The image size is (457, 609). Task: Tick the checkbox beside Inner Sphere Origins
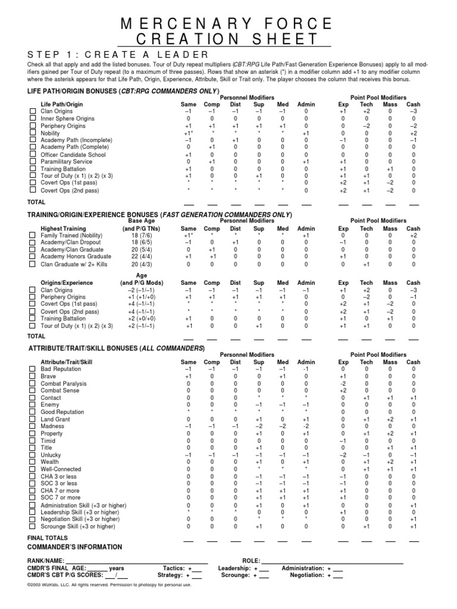click(33, 119)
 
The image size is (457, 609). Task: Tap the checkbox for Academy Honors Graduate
click(33, 257)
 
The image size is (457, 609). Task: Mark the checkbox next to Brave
click(33, 376)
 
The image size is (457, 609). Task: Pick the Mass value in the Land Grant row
click(390, 419)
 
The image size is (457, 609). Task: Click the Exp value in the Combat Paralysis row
click(343, 384)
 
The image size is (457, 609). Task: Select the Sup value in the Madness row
click(259, 426)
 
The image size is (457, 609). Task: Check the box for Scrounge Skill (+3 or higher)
click(33, 526)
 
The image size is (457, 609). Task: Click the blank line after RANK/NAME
click(137, 561)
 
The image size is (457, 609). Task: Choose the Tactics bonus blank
click(197, 569)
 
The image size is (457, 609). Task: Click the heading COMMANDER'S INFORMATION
click(74, 547)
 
